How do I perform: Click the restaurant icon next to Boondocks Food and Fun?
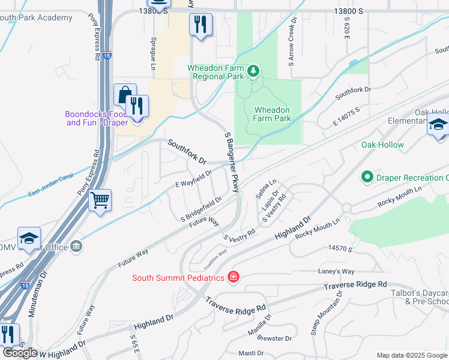coord(137,106)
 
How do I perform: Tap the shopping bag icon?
coord(124,95)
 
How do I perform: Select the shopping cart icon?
coord(100,200)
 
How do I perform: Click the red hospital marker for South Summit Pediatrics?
coord(233,277)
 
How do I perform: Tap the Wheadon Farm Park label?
coord(273,114)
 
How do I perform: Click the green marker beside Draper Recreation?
coord(366,177)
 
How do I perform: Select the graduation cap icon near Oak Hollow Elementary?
coord(438,126)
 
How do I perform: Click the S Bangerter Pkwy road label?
coord(232,163)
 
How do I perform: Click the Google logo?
coord(20,353)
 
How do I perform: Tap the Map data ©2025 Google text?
coord(412,355)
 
